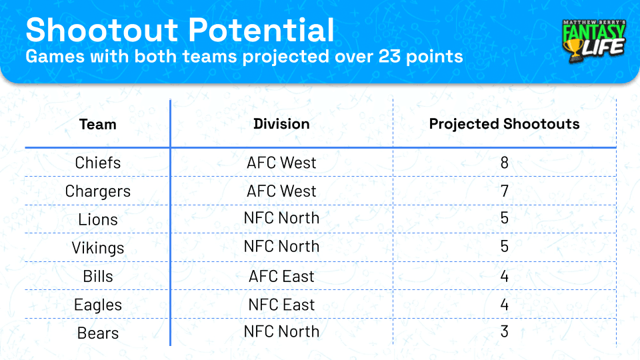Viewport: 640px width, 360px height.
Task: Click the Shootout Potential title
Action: point(180,30)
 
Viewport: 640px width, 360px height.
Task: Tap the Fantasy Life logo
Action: point(594,41)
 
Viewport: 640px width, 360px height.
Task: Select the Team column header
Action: point(97,124)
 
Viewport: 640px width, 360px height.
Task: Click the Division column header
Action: point(281,124)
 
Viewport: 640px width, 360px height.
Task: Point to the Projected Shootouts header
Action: point(504,124)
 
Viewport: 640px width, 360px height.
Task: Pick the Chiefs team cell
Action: point(98,163)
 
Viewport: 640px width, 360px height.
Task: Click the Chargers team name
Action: point(98,191)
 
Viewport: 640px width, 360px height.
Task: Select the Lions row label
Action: point(98,219)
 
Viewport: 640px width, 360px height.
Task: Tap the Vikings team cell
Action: point(98,248)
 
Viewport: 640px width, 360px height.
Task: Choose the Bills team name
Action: point(98,276)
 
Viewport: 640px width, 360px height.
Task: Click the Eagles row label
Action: point(98,305)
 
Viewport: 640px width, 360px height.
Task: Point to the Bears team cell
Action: point(98,333)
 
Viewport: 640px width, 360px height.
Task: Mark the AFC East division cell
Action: point(281,276)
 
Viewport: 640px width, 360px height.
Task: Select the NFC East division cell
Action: point(281,305)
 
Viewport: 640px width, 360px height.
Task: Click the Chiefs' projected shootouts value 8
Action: point(505,163)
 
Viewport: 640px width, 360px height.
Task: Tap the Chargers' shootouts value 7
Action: point(505,191)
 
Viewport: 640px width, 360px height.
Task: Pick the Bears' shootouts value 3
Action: point(505,331)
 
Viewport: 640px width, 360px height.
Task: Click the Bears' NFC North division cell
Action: point(281,331)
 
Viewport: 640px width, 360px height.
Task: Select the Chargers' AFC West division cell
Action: point(281,191)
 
